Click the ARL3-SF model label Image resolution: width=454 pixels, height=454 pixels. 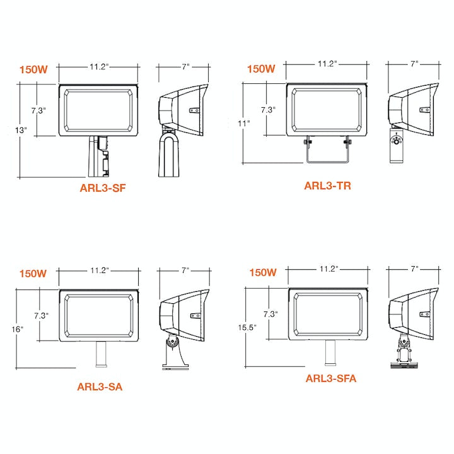coord(103,188)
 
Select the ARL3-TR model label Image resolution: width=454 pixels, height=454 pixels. coord(327,185)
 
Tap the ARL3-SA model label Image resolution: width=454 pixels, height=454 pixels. coord(100,387)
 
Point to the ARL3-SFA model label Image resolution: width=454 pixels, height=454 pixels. coord(331,378)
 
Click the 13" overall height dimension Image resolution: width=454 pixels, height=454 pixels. coord(21,131)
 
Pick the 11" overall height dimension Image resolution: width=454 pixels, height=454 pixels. coord(244,124)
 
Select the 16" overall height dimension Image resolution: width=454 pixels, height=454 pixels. coord(18,329)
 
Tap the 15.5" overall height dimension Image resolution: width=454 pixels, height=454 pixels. coord(247,327)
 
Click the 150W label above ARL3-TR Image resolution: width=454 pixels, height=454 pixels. coord(261,69)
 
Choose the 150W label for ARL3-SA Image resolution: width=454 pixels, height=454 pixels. coord(33,274)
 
